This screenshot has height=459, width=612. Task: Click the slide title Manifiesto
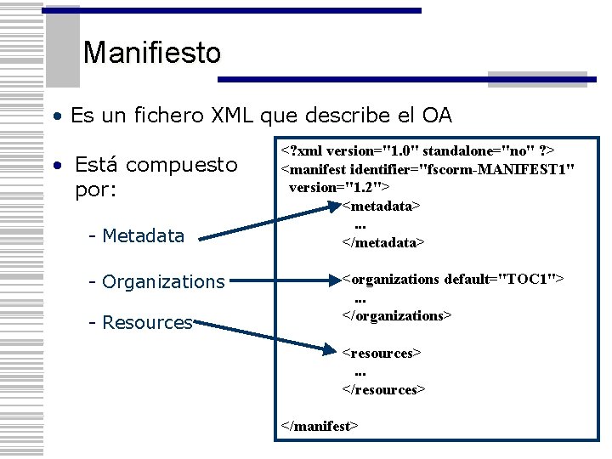click(152, 54)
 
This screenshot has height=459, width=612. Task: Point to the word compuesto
click(181, 163)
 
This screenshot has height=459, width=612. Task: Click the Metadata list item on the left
click(142, 235)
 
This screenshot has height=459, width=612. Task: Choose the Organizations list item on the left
click(162, 281)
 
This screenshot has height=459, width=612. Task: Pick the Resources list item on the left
click(147, 323)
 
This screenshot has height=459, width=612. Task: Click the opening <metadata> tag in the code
click(382, 206)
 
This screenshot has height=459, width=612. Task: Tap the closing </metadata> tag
click(382, 242)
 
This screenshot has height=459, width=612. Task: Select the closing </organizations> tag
click(397, 315)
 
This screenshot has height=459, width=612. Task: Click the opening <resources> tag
click(382, 353)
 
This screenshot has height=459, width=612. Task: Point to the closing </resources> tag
click(383, 389)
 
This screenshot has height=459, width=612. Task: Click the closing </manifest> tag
click(320, 426)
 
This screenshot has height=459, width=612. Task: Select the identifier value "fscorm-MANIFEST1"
click(493, 168)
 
